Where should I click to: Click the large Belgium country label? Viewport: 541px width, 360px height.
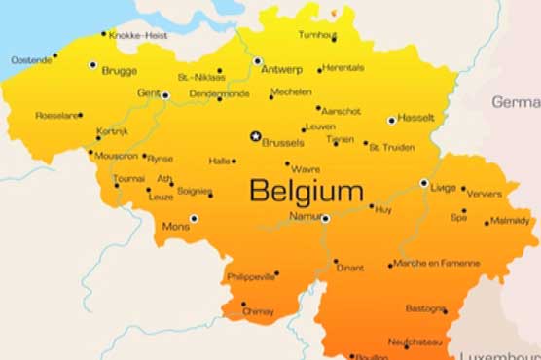[307, 191]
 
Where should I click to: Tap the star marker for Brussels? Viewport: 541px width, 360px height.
[256, 136]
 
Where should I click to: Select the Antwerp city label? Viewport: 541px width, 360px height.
[283, 70]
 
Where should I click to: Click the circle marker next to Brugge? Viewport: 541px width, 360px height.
[92, 64]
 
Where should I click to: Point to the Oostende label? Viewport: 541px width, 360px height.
[31, 59]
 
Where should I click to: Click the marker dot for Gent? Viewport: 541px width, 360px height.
[165, 95]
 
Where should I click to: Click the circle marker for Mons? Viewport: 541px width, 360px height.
[194, 219]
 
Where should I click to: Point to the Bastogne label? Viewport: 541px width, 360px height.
[425, 308]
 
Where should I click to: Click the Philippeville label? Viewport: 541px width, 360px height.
[251, 276]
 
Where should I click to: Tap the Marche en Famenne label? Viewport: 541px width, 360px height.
[436, 263]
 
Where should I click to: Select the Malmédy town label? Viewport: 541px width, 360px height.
[510, 221]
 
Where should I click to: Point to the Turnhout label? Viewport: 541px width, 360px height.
[317, 35]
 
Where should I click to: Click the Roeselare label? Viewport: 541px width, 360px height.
[57, 115]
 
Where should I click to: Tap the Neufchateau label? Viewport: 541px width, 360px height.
[415, 342]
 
